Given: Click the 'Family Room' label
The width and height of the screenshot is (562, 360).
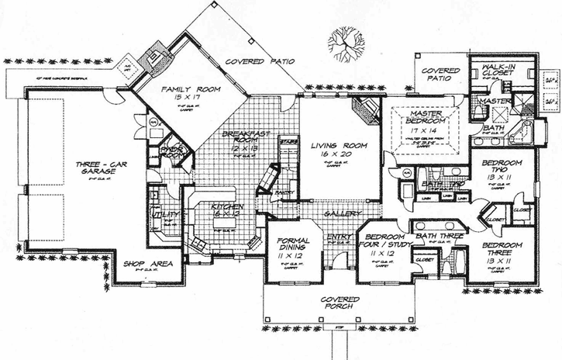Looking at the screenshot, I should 181,90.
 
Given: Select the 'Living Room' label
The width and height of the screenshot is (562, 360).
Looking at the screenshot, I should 332,145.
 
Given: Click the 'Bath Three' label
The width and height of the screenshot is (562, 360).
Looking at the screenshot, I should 440,235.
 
